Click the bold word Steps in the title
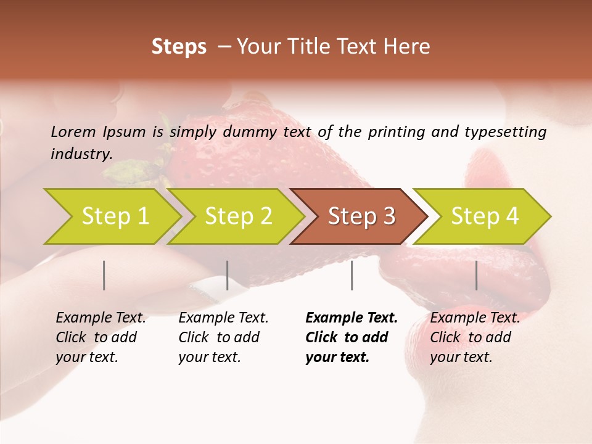click(179, 47)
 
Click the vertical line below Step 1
click(104, 275)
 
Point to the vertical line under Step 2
click(228, 275)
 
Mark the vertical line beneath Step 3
click(351, 275)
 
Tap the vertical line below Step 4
click(476, 275)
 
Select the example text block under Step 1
click(101, 337)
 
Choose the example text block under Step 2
click(223, 337)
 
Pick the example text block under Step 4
click(475, 337)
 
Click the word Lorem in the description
click(73, 131)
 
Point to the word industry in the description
click(81, 154)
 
